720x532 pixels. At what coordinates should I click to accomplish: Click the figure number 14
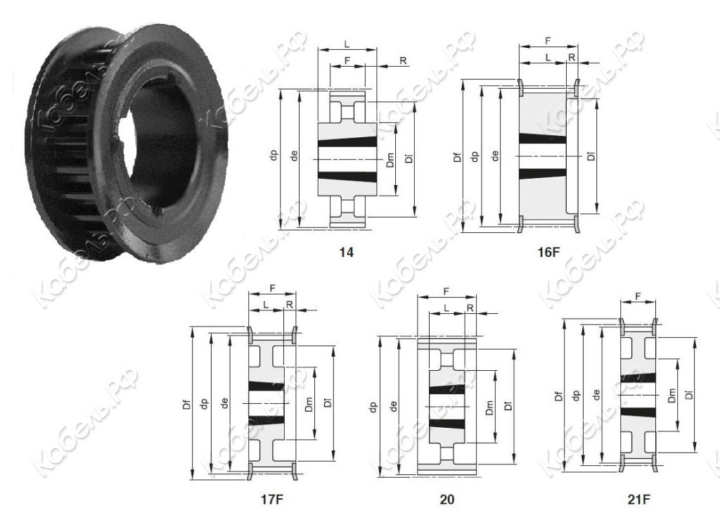(x=346, y=252)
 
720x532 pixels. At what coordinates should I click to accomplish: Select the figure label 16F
(x=549, y=252)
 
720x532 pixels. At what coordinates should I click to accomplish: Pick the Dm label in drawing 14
(x=390, y=160)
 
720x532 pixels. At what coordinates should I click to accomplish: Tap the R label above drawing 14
(x=403, y=61)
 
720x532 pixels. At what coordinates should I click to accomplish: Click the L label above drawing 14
(x=347, y=44)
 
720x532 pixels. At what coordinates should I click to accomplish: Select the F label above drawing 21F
(x=638, y=296)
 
